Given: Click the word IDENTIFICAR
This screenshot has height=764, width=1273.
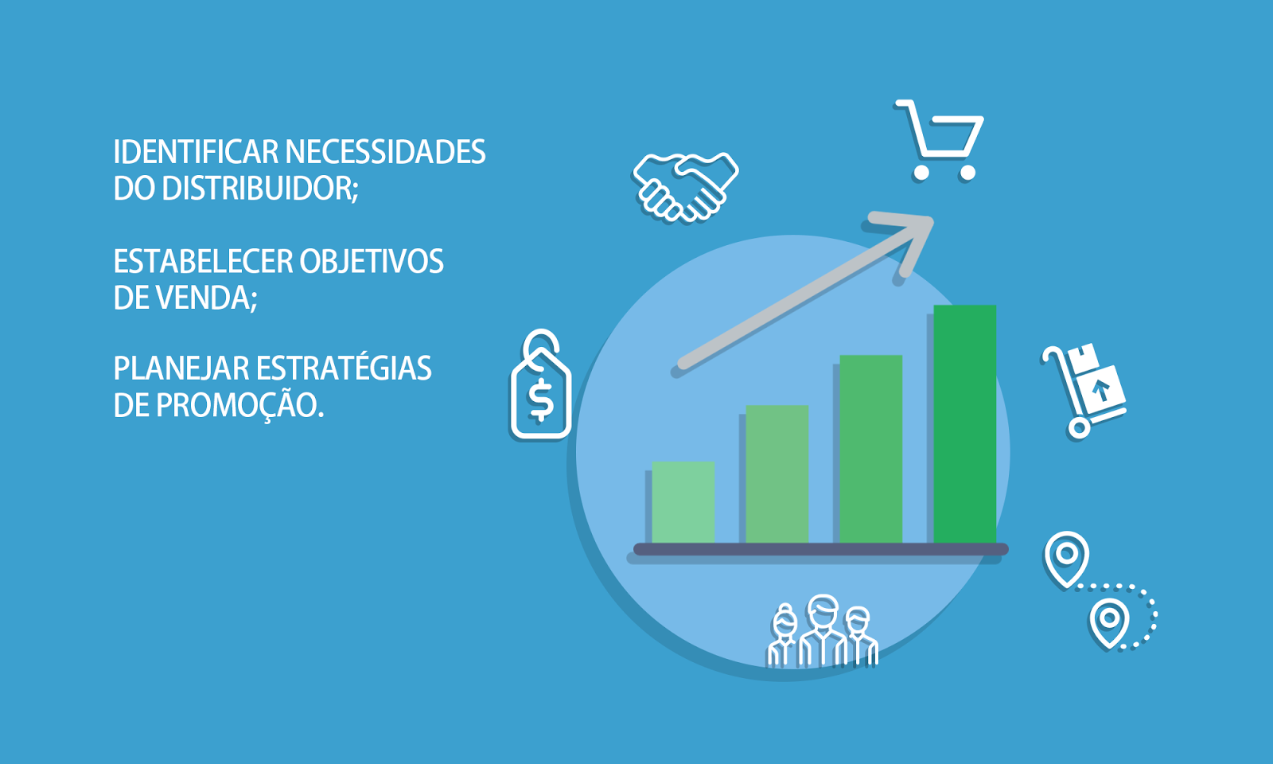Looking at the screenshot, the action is [196, 152].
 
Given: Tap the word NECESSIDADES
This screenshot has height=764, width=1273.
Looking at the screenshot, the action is [385, 152].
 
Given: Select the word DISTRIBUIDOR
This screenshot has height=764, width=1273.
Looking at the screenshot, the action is [259, 188].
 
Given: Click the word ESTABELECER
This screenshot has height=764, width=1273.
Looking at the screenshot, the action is [203, 262].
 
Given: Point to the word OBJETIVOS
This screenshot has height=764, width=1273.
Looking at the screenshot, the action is [372, 262].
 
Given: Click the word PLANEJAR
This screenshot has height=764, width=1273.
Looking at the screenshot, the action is [181, 368].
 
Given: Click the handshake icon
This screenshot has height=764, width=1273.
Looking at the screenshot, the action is [686, 186].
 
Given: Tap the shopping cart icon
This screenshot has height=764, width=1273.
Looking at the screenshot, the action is [940, 140].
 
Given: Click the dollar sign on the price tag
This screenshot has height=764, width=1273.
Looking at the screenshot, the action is [540, 400].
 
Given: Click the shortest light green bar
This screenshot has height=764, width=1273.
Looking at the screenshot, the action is [683, 502].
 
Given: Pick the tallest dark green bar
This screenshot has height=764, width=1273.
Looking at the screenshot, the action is [965, 424].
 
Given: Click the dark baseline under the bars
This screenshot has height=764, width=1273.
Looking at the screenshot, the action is [820, 549].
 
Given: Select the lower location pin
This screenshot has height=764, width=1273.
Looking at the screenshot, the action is [1109, 622].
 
